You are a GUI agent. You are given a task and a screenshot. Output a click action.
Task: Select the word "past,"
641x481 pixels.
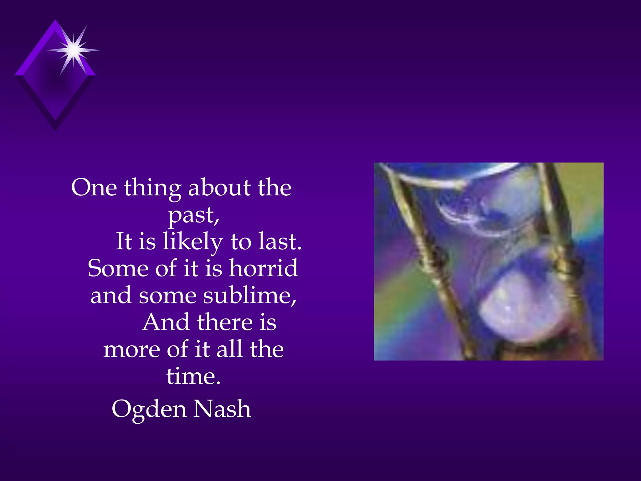tap(194, 215)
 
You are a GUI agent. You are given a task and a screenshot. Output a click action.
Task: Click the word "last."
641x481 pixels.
tap(280, 242)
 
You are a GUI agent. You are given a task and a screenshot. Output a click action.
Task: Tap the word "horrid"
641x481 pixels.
tap(263, 268)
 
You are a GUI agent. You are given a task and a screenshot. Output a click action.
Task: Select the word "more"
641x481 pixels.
tap(131, 349)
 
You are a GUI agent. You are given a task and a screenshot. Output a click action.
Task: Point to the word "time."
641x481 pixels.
tap(193, 376)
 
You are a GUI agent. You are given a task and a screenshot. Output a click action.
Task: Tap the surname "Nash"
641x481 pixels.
tap(222, 409)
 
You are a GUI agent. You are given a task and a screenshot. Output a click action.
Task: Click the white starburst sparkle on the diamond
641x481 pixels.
tap(74, 49)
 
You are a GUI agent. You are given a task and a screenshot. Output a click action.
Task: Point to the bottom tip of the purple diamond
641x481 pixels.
tap(55, 129)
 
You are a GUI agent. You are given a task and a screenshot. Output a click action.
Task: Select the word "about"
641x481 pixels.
tap(219, 188)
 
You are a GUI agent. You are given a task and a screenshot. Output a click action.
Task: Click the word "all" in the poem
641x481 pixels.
tap(229, 349)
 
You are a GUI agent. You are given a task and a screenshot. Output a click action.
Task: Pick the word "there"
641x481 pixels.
tap(225, 322)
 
